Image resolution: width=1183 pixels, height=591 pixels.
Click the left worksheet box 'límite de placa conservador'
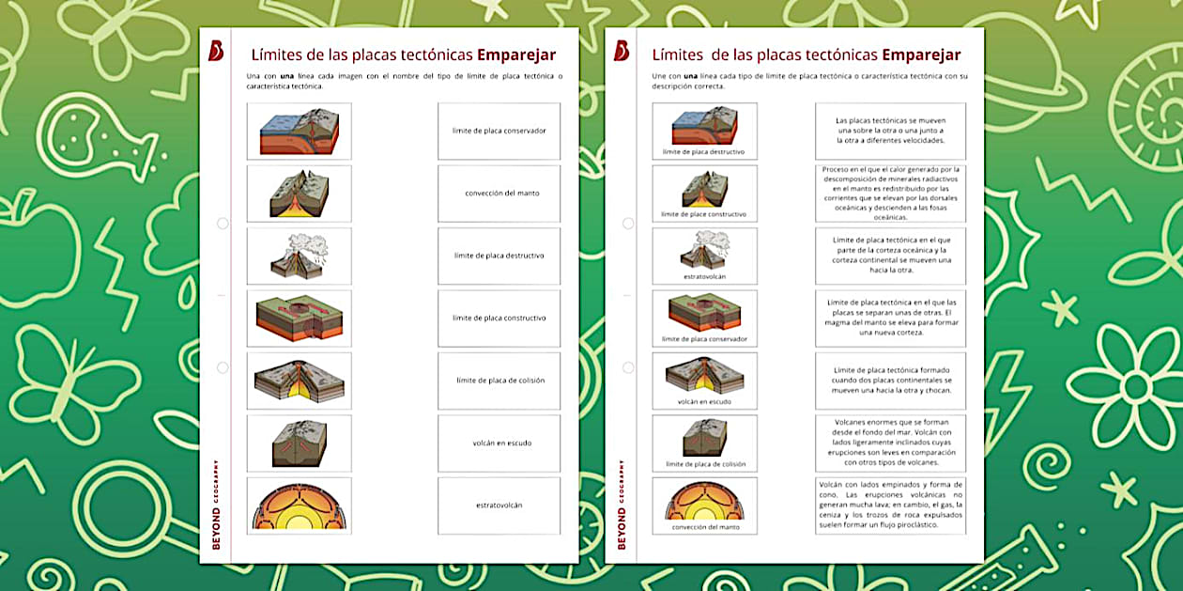pos(499,132)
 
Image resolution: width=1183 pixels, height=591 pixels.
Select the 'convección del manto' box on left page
pos(499,194)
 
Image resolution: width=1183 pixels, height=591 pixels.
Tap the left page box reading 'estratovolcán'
pos(499,505)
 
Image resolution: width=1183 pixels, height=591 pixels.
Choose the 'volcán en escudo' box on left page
pos(499,443)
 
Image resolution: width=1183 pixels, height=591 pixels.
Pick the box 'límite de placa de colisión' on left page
pos(499,381)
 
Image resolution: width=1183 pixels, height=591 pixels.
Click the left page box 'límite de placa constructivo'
pos(499,319)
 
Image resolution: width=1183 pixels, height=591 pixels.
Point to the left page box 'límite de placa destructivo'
pos(499,256)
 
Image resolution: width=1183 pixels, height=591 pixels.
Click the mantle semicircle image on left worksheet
pos(299,506)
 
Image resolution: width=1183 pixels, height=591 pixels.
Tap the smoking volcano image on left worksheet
pos(299,256)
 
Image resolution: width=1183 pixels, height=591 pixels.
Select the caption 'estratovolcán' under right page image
pos(704,277)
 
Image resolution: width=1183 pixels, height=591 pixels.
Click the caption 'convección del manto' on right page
pos(704,527)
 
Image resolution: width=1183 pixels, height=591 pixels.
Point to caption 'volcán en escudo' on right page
pos(704,402)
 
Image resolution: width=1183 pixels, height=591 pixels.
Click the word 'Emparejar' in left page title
pos(516,54)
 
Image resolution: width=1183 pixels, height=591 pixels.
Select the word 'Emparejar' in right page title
pos(921,54)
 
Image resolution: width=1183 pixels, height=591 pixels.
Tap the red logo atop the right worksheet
pos(621,51)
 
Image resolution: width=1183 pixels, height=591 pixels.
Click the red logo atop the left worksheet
pos(216,51)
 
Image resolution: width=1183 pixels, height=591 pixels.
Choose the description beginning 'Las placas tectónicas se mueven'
pos(890,131)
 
